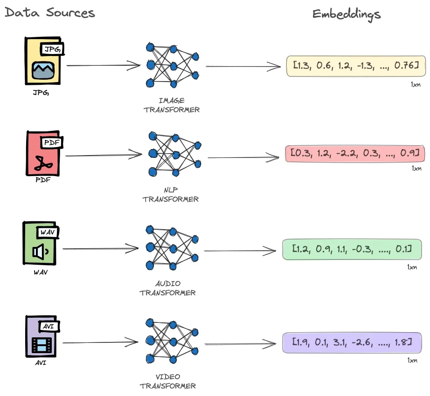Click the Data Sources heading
click(50, 13)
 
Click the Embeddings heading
click(346, 14)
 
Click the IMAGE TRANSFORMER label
click(172, 105)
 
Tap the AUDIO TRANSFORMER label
click(167, 288)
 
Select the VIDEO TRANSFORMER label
click(167, 381)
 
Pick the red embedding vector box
click(356, 153)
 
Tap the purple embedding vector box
click(352, 343)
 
